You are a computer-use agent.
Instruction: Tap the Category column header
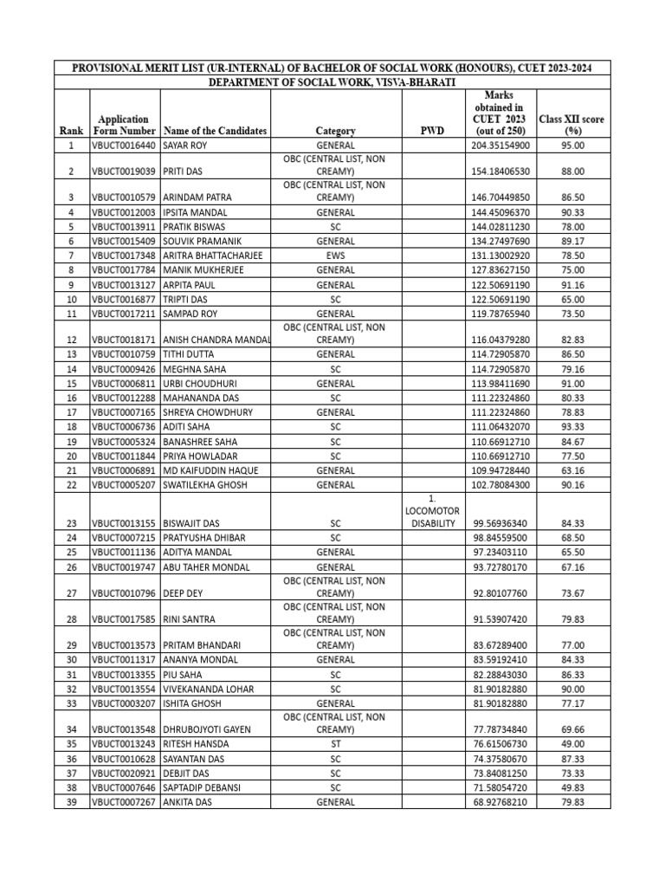[336, 131]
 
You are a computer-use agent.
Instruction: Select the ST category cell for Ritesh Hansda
[336, 744]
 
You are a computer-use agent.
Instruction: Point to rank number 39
[71, 802]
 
